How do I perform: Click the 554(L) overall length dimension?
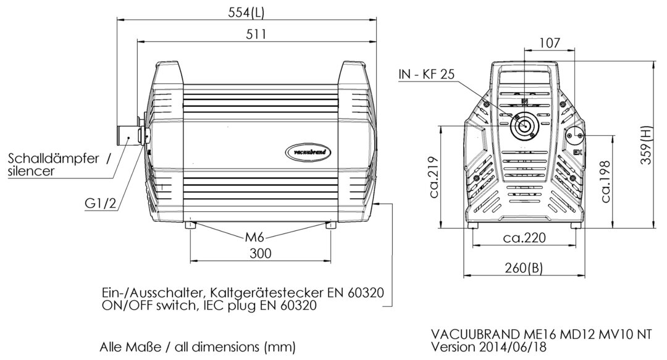point(246,12)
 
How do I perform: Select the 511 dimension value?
point(256,34)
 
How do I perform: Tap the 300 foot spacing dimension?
point(261,254)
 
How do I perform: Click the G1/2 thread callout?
point(101,203)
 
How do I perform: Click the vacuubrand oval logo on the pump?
point(308,152)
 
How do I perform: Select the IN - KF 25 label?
point(427,74)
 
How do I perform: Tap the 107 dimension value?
point(550,43)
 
